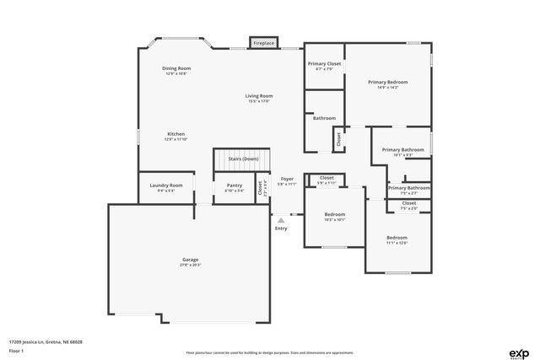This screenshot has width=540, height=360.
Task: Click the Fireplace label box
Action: click(x=263, y=42)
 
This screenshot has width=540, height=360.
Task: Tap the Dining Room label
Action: click(x=176, y=68)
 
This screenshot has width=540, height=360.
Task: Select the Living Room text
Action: click(x=259, y=96)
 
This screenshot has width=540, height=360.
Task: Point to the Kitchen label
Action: click(x=175, y=134)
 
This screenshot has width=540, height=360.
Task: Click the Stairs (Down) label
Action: click(x=243, y=159)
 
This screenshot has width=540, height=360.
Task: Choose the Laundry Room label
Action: click(x=165, y=185)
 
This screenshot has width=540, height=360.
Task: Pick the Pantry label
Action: click(x=234, y=185)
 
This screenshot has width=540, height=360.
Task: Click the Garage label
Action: click(x=191, y=259)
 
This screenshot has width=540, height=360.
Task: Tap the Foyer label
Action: click(x=287, y=180)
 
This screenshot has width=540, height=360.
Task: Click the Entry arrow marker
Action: click(x=281, y=221)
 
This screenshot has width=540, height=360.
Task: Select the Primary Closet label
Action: click(x=324, y=64)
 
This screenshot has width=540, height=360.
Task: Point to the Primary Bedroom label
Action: click(x=388, y=82)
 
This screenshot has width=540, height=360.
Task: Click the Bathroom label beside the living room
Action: click(x=324, y=118)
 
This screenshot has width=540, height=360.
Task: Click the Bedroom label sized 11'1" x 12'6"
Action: click(x=397, y=238)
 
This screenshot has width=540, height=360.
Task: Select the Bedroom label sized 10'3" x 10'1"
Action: click(x=335, y=214)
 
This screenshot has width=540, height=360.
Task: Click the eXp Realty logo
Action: click(x=519, y=352)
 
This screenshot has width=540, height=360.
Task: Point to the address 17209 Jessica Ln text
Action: click(x=46, y=341)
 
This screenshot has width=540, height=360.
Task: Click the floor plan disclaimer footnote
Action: click(x=269, y=352)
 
